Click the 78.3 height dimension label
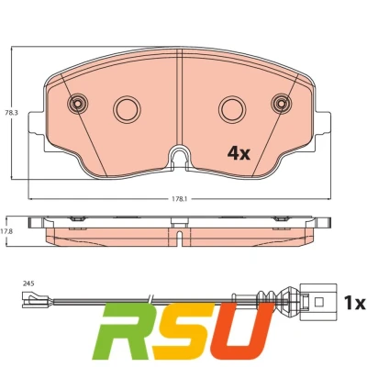(x=12, y=113)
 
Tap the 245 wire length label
(x=28, y=284)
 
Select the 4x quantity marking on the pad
(x=239, y=153)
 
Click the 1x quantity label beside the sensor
(x=355, y=303)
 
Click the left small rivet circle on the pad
(x=78, y=104)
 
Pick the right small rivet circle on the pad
(x=282, y=104)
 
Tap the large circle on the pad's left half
(x=127, y=109)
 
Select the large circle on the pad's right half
(x=232, y=109)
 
